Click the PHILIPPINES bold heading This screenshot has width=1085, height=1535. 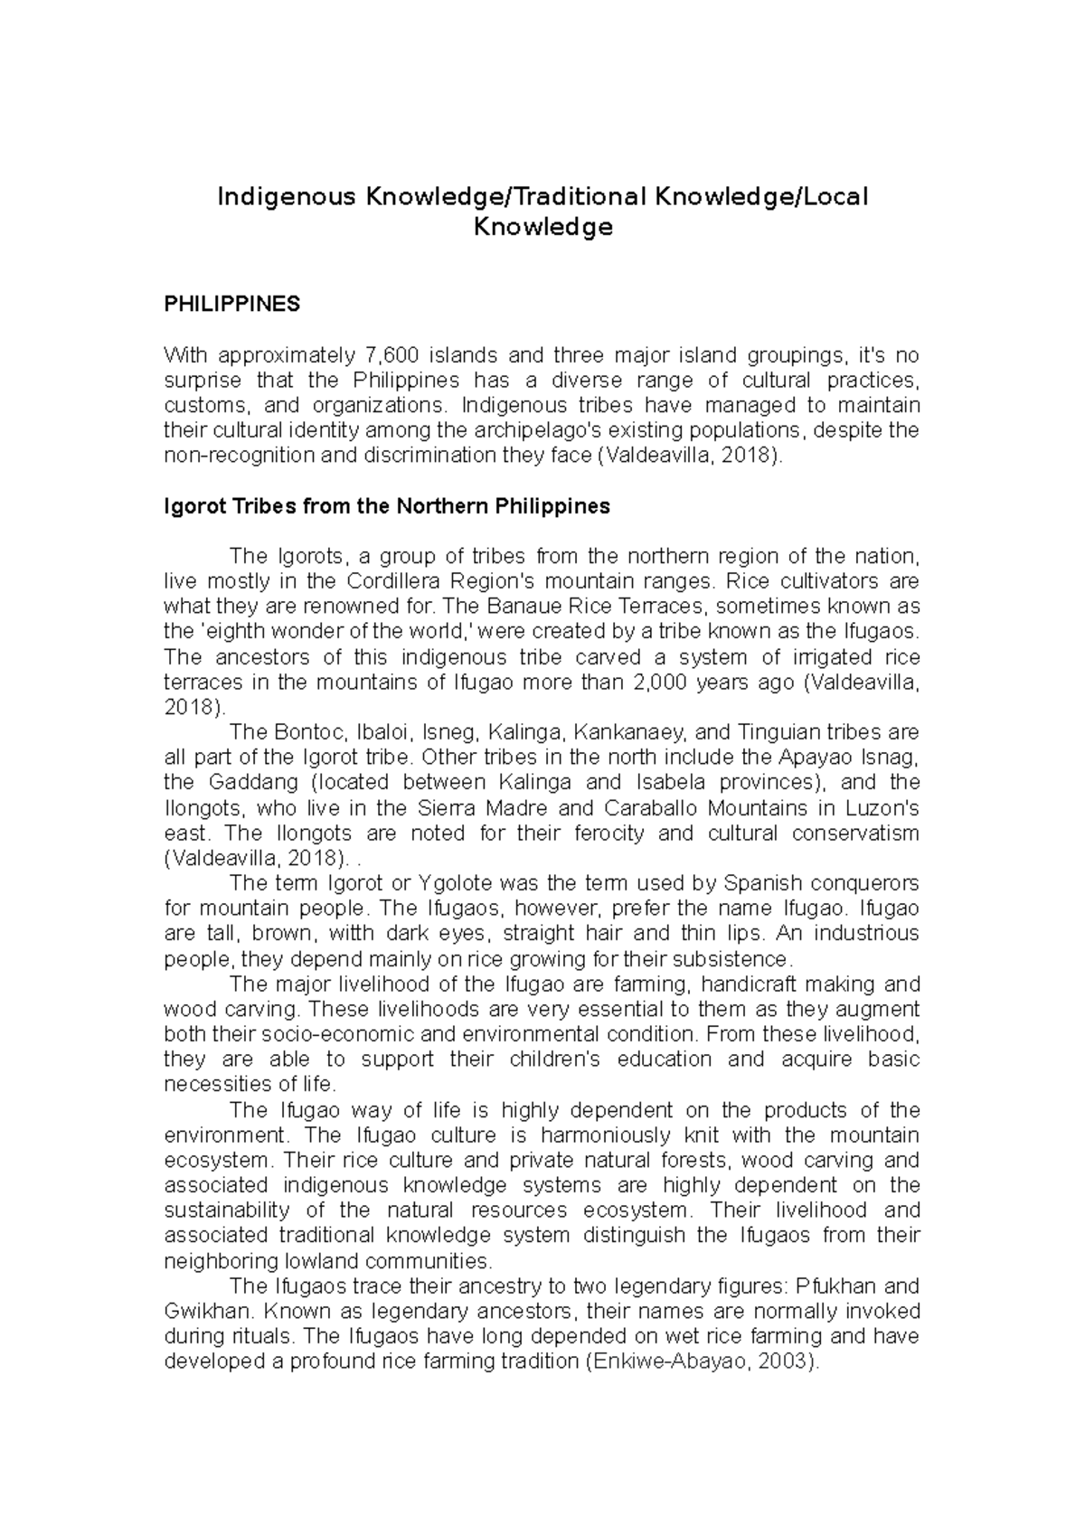click(231, 304)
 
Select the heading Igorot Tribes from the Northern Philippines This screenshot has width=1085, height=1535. click(386, 506)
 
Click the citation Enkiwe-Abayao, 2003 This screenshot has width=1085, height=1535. click(701, 1361)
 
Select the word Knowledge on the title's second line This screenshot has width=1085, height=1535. click(542, 228)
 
